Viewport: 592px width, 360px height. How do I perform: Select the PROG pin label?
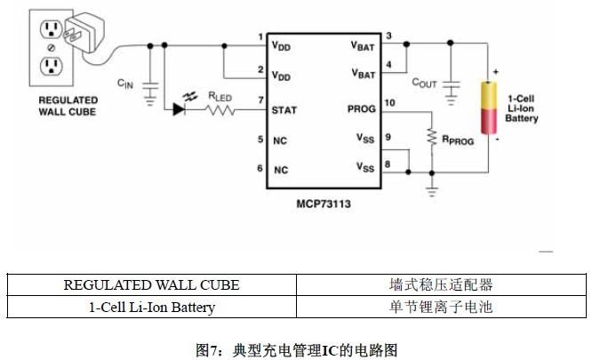click(x=361, y=110)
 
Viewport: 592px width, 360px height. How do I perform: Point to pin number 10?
click(x=389, y=104)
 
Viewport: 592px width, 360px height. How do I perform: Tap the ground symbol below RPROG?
click(x=433, y=188)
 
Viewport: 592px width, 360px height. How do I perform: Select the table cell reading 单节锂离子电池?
click(x=441, y=308)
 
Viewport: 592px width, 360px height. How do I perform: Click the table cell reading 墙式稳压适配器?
click(x=441, y=285)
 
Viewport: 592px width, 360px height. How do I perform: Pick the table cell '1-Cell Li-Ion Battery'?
click(x=151, y=308)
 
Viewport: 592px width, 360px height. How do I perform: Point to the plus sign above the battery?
click(x=495, y=70)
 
